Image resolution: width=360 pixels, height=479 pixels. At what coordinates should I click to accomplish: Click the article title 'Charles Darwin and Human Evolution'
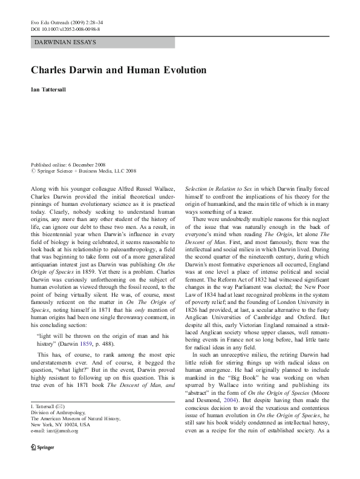119,70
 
